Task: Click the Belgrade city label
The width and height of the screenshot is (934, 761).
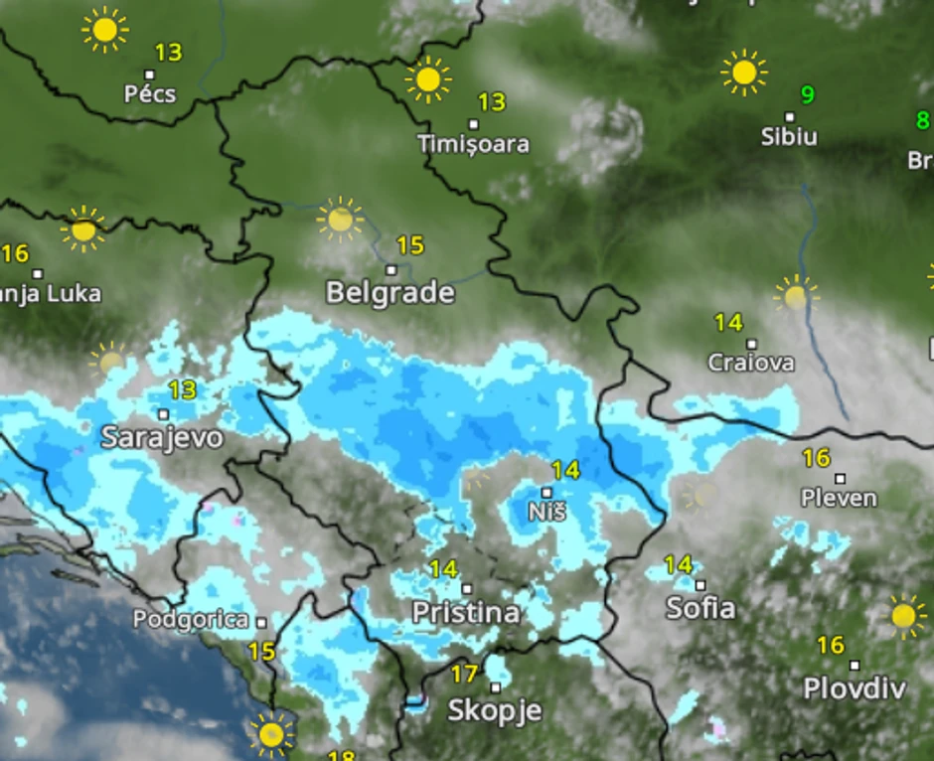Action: (x=390, y=293)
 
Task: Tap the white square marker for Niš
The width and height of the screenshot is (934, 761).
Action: (x=546, y=492)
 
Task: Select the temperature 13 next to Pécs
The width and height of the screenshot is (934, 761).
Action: (x=169, y=52)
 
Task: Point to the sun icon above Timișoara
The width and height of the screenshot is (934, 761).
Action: (x=428, y=79)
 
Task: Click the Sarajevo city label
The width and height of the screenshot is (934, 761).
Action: (x=162, y=438)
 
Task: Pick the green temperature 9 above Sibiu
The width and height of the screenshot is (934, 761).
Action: (x=808, y=95)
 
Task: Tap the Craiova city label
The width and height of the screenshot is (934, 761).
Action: (x=751, y=363)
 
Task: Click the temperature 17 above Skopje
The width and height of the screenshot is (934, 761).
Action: (x=464, y=675)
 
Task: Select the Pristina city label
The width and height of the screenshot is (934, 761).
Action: (x=466, y=613)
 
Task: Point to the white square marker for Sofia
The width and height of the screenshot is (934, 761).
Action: (x=700, y=585)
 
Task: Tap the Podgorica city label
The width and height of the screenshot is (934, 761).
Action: (x=191, y=620)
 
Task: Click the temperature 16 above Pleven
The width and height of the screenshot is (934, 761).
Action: (x=816, y=458)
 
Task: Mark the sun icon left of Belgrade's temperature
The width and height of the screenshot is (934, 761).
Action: (x=340, y=220)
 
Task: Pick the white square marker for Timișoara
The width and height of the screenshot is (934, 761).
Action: (x=474, y=124)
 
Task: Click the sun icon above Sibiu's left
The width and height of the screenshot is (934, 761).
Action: (x=743, y=73)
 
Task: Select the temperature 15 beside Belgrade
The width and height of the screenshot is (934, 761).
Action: (x=409, y=244)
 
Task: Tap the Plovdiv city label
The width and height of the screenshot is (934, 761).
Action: (x=855, y=687)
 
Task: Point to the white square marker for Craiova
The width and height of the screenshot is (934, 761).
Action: (x=751, y=344)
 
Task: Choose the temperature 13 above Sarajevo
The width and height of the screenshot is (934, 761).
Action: (x=182, y=389)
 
